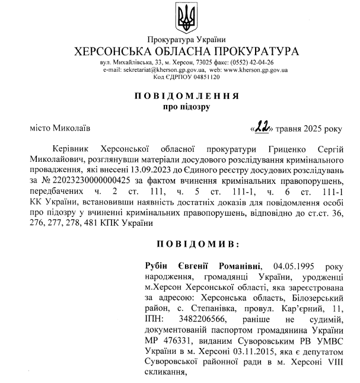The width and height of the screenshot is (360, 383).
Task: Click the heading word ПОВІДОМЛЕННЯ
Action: coord(186,95)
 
